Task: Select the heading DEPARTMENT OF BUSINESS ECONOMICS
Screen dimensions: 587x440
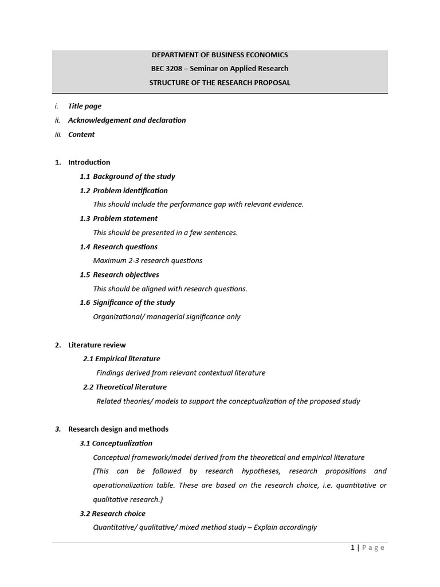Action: (219, 55)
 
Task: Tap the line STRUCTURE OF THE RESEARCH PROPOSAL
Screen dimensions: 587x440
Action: (219, 83)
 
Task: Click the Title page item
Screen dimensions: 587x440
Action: (85, 106)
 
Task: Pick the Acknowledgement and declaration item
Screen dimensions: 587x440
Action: (127, 120)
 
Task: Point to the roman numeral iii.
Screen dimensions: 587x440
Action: (58, 135)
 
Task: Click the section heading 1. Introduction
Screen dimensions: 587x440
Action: (89, 162)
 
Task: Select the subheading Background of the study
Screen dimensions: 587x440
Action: (134, 177)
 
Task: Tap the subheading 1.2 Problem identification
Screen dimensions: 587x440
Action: (124, 190)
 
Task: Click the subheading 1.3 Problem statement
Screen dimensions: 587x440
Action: (119, 218)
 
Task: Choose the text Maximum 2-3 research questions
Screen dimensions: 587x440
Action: (148, 260)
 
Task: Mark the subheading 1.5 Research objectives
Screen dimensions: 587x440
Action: (119, 275)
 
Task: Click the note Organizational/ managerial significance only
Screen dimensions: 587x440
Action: (167, 316)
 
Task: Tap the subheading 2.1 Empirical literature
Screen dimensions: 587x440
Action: (121, 359)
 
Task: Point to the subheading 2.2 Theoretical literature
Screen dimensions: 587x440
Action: (125, 387)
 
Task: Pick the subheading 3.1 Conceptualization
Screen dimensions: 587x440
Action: (116, 443)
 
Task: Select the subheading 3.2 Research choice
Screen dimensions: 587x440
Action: (113, 514)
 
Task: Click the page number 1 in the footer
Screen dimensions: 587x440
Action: (353, 548)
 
